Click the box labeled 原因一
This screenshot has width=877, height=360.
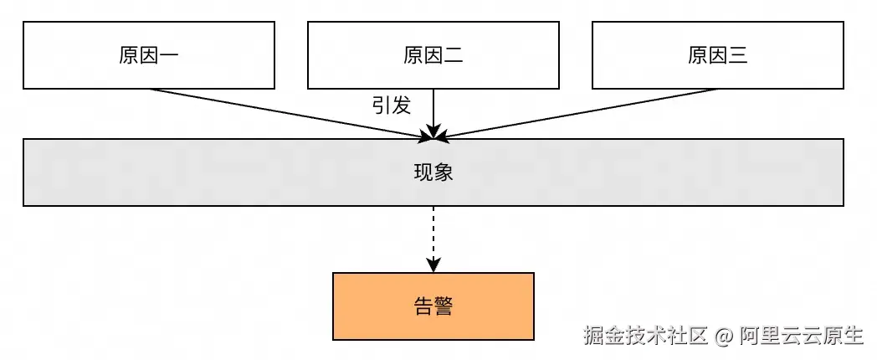[148, 55]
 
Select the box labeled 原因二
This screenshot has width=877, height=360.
[433, 55]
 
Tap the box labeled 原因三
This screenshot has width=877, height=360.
[717, 55]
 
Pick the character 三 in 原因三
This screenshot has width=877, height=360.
[737, 56]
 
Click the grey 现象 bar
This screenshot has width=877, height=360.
[251, 172]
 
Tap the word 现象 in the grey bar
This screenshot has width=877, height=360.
[433, 172]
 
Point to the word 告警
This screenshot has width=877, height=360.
[433, 306]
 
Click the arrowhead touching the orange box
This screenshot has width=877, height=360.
[433, 265]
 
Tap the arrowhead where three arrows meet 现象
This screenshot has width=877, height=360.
[433, 132]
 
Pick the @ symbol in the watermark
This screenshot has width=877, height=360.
[725, 337]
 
